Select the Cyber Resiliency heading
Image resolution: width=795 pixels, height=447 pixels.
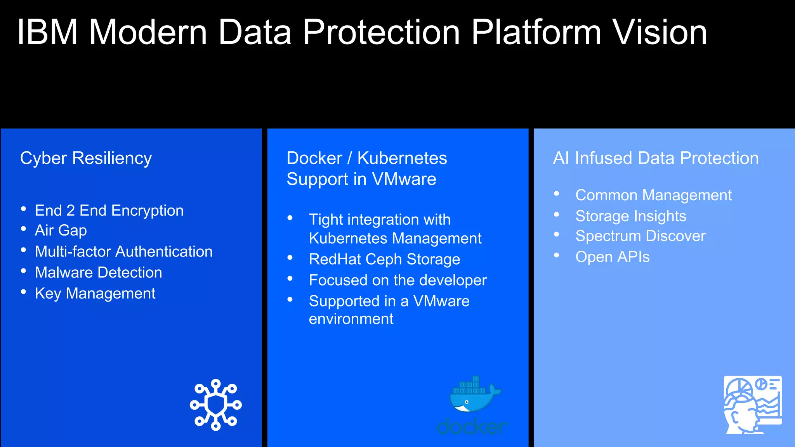coord(86,158)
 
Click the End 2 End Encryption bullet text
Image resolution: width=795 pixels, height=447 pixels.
coord(109,211)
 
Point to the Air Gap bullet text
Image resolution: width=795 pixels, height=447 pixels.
coord(61,230)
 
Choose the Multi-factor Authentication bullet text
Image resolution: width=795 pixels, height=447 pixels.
coord(123,251)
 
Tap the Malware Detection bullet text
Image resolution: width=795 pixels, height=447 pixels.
coord(98,272)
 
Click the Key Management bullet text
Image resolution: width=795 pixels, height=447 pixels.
coord(95,293)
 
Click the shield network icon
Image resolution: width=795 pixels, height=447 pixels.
coord(216,405)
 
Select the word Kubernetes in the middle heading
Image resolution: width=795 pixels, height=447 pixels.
coord(402,158)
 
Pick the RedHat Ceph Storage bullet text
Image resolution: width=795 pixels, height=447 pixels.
coord(384,259)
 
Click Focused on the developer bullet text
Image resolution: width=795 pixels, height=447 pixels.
coord(397,280)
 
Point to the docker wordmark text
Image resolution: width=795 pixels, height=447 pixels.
coord(472,427)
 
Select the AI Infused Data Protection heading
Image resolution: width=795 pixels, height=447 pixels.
coord(656,158)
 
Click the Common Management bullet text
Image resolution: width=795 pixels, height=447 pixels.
coord(653,195)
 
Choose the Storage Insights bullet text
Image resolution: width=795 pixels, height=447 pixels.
coord(630,216)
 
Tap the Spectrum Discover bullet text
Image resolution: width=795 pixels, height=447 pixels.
coord(640,236)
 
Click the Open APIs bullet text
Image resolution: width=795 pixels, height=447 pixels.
coord(612,257)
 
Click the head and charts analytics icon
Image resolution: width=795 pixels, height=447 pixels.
coord(752,405)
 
